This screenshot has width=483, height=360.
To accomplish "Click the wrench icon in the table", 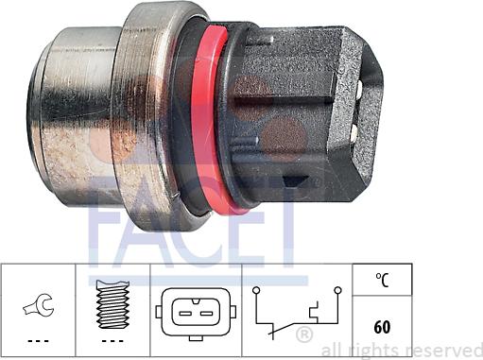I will (37, 305).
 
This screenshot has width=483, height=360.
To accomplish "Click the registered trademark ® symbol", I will (303, 335).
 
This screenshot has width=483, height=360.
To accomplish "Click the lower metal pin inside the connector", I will (352, 133).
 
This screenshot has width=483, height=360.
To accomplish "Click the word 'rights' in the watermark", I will (381, 351).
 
